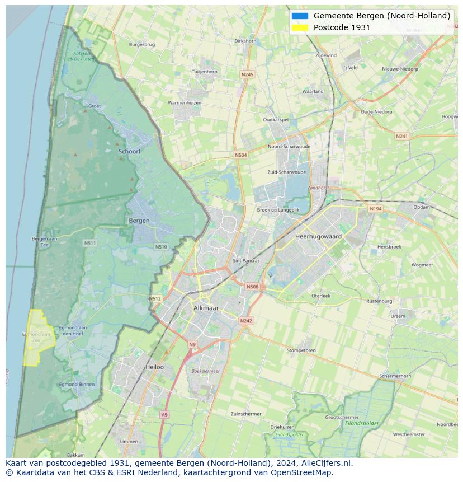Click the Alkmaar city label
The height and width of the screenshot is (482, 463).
pos(206,308)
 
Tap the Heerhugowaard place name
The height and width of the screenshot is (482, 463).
pos(318,237)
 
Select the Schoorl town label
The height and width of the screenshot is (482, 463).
pos(129,151)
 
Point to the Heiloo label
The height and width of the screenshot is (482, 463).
pos(154,367)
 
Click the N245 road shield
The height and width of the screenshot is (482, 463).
pos(247,74)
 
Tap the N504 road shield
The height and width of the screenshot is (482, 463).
pos(240,155)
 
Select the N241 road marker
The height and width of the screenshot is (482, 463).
pos(401,136)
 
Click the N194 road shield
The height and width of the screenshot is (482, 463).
pos(375,209)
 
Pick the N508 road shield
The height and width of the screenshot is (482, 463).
pos(252,287)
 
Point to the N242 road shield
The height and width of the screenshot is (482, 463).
pos(246,321)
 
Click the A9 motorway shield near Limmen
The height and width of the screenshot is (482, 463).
pos(164,414)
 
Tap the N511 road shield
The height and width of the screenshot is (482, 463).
pos(89,243)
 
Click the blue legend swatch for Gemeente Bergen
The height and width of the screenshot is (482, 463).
pos(300,16)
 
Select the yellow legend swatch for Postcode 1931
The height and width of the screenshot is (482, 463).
pos(300,27)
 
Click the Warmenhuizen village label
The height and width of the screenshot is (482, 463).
pos(185,103)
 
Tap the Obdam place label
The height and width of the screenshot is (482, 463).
pos(422,207)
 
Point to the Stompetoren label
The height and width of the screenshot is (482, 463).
pos(301,350)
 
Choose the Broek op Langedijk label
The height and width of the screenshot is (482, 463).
pos(278,210)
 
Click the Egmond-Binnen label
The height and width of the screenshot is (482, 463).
pos(77,385)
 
